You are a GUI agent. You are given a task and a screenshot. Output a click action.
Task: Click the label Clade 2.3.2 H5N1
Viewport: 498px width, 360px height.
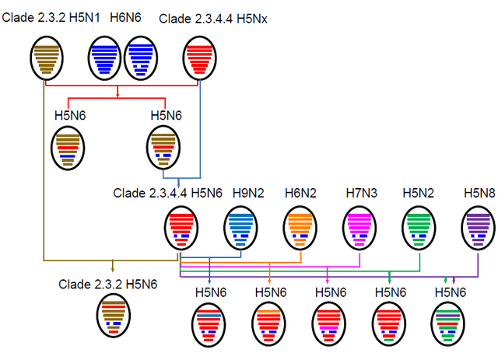(51, 17)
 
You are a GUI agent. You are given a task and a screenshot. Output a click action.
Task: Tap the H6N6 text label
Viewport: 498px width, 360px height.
(125, 17)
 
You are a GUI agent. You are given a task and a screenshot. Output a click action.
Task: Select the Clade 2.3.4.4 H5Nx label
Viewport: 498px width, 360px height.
(213, 19)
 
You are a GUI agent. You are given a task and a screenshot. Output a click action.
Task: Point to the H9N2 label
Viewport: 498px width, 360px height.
(248, 193)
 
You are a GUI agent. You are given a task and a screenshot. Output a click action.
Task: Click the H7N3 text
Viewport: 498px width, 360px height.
(361, 193)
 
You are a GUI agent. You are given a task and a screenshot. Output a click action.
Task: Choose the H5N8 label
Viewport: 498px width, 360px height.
(479, 193)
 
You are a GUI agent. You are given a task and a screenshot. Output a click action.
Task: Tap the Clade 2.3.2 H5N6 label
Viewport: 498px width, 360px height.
(108, 285)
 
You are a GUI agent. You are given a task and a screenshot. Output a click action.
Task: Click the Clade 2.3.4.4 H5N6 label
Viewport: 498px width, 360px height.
(168, 194)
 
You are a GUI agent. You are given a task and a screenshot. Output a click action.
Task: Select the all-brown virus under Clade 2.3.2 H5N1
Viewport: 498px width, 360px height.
(47, 58)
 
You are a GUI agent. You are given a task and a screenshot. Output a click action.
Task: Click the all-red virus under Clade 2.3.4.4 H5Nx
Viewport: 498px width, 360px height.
(199, 58)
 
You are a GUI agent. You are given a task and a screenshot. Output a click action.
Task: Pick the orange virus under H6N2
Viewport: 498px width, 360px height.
(300, 229)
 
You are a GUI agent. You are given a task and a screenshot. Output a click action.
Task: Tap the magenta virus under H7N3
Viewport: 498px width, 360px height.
(359, 229)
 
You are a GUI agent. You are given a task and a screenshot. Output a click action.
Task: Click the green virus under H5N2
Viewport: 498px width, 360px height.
(419, 229)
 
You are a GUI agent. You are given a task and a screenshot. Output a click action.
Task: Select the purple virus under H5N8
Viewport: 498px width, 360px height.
(479, 229)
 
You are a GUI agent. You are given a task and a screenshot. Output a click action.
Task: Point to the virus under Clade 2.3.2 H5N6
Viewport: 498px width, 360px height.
(114, 315)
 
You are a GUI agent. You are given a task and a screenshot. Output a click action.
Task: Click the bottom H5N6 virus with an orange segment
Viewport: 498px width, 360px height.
(268, 324)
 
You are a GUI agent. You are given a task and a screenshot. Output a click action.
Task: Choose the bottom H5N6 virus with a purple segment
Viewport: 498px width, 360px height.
(448, 324)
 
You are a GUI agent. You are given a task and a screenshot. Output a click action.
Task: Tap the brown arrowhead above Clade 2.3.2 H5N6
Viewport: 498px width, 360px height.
(112, 270)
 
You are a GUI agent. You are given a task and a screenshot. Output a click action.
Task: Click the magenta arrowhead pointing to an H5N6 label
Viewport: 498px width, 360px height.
(328, 281)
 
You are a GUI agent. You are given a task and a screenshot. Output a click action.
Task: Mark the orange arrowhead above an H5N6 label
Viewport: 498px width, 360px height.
(270, 281)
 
